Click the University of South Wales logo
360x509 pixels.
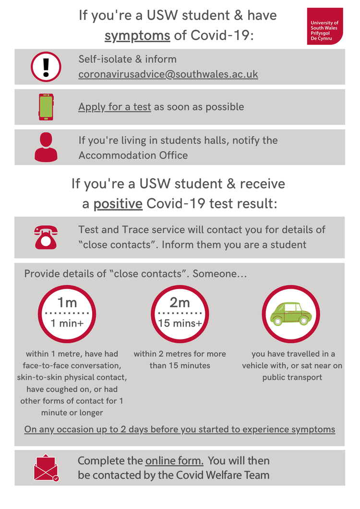325,26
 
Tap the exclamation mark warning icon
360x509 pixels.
46,67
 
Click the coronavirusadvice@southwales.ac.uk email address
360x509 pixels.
168,74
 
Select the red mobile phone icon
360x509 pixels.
46,107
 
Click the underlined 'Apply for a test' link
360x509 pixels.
115,107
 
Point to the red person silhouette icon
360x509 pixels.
46,147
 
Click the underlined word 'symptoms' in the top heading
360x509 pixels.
137,36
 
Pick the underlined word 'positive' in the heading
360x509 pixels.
118,204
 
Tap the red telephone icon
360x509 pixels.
46,237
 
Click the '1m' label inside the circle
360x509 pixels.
67,303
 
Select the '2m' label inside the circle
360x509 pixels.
180,303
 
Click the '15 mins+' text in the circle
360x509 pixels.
180,323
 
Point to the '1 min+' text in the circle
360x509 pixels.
67,323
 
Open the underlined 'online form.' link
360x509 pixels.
174,461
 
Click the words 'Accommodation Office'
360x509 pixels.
133,155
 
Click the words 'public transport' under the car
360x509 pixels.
292,377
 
